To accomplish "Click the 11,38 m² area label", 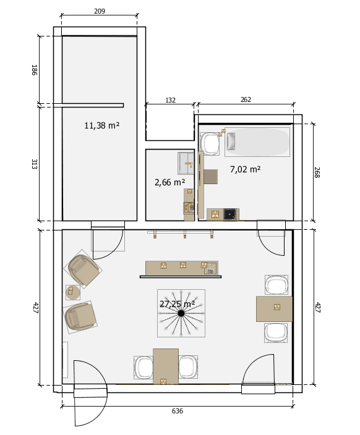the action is tap(102, 125).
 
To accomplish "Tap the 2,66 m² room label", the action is tap(169, 182).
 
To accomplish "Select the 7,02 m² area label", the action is tap(246, 169).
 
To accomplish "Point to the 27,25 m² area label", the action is tap(177, 304).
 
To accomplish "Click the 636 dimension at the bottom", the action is tap(178, 411).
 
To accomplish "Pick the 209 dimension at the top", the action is tap(100, 11).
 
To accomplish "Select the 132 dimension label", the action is tap(170, 100).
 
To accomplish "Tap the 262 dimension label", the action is tap(246, 99).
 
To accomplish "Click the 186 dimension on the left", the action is tap(34, 70).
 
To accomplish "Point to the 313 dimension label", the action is tap(34, 164).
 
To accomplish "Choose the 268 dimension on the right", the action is tap(317, 172).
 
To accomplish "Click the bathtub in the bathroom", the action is tap(257, 142).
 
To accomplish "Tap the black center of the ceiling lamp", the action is tap(181, 313).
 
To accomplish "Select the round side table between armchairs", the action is tap(73, 292).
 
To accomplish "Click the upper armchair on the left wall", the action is tap(83, 269).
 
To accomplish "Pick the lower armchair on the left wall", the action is tap(80, 317).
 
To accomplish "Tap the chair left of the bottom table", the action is tap(144, 368).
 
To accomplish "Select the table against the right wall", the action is tap(274, 309).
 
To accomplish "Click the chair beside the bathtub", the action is tap(210, 144).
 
